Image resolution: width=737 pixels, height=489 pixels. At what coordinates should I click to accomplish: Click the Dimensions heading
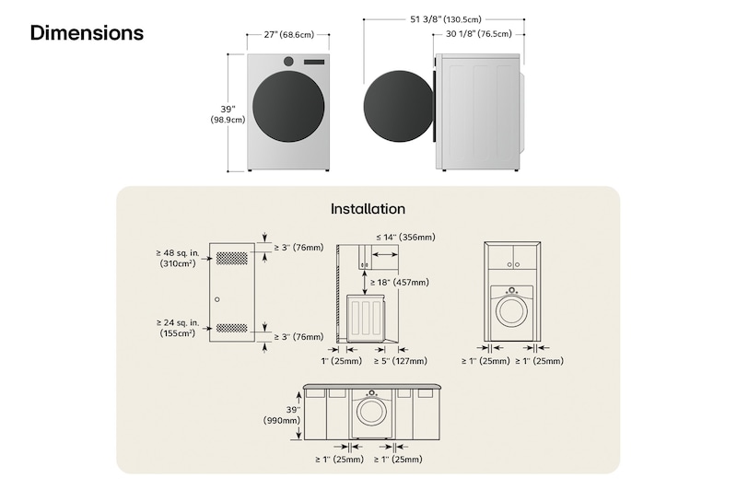point(87,33)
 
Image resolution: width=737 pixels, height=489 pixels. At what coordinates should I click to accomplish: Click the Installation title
point(368,209)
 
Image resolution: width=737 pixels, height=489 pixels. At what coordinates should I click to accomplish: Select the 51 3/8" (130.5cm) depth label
point(444,18)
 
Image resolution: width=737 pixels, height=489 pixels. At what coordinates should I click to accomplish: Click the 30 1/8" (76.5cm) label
point(478,35)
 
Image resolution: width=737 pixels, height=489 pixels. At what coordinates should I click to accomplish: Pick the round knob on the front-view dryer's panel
point(289,62)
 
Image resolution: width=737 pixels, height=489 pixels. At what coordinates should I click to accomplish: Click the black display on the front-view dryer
point(314,62)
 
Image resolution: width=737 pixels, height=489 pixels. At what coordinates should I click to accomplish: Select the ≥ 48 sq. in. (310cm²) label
point(176,257)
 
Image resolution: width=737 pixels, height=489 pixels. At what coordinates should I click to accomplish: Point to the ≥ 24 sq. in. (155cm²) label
point(176,328)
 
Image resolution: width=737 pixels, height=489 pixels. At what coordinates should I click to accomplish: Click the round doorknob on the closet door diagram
point(216,299)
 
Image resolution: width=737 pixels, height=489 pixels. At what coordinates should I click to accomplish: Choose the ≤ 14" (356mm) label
point(405,238)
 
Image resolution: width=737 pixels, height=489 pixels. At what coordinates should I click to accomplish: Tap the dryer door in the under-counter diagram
point(371,412)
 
